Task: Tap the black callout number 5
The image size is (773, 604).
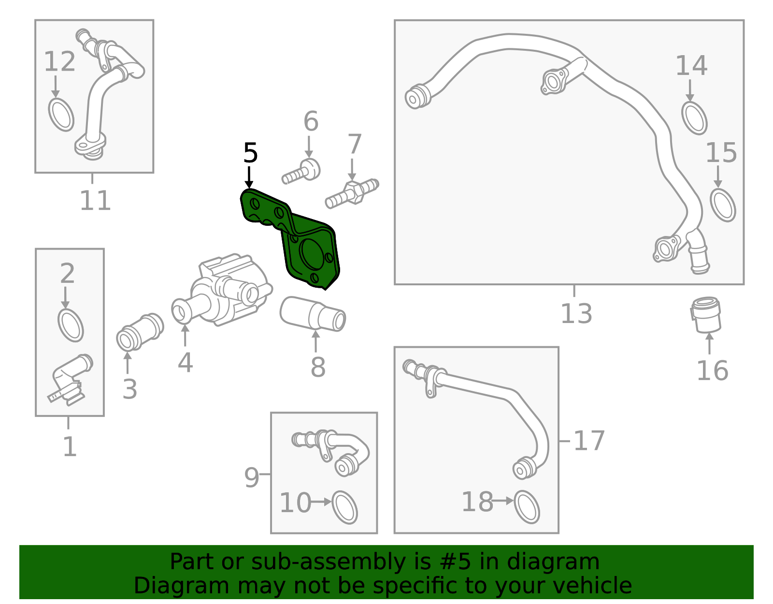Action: coord(250,153)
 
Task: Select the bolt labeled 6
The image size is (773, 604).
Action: coord(302,173)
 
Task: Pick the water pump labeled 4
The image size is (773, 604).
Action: coord(227,293)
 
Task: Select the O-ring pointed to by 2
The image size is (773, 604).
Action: coord(71,325)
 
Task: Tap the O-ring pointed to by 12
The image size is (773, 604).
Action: coord(61,115)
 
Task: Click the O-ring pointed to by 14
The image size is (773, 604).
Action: coord(694,118)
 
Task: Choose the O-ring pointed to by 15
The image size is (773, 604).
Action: coord(723,205)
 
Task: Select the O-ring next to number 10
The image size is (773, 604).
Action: coord(344,508)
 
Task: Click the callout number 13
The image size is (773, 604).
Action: coord(576,313)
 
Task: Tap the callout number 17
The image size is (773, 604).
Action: coord(589,441)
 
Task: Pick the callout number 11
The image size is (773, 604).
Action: coord(95,200)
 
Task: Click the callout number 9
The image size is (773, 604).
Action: coord(252,477)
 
